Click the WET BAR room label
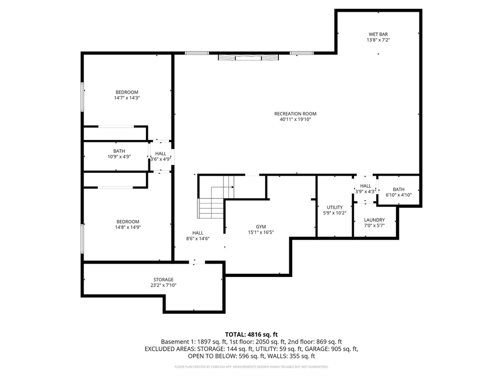tap(378, 34)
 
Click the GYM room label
tap(260, 227)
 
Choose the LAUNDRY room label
tap(374, 220)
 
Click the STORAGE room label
tap(162, 280)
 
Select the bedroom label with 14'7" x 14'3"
tap(127, 92)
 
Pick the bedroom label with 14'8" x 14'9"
tap(127, 222)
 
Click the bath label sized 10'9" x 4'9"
tap(119, 151)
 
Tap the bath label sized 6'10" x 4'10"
tap(398, 189)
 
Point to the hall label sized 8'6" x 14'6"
tap(197, 233)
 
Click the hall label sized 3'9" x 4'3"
tap(365, 186)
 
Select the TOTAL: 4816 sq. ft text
tap(251, 334)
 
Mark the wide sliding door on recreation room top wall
tap(249, 57)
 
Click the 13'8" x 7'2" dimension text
tap(378, 40)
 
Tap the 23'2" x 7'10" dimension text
tap(162, 285)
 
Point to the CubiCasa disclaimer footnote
tap(251, 367)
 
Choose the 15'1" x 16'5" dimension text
tap(260, 233)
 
